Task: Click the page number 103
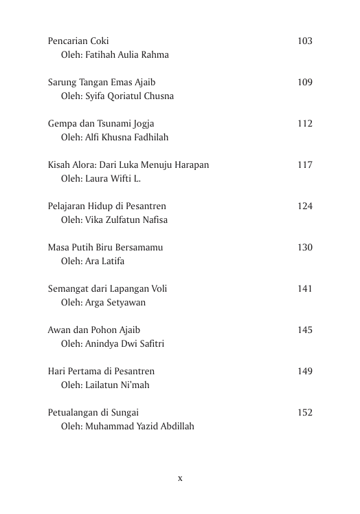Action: [x=305, y=41]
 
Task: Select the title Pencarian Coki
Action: [x=78, y=41]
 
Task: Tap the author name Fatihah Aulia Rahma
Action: [x=125, y=55]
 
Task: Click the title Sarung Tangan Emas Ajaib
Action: [x=102, y=83]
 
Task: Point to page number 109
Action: [x=305, y=83]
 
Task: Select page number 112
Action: [x=305, y=124]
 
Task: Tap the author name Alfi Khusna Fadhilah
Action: [x=125, y=138]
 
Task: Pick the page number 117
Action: [x=305, y=165]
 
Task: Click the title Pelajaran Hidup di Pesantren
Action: [x=107, y=206]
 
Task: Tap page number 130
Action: [x=305, y=248]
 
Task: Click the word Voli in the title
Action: [x=158, y=289]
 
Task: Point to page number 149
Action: [x=305, y=372]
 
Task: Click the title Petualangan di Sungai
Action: [x=93, y=413]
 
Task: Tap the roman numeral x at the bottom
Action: [x=180, y=478]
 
